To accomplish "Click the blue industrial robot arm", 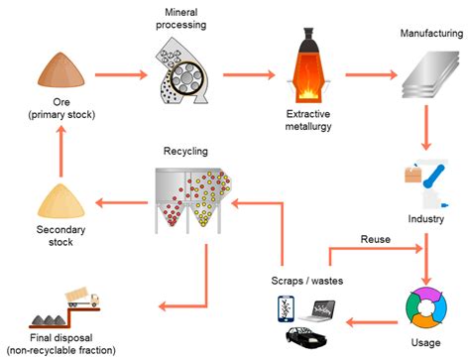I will point(428,182).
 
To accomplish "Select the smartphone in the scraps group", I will point(286,308).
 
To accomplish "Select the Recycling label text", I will point(185,151).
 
